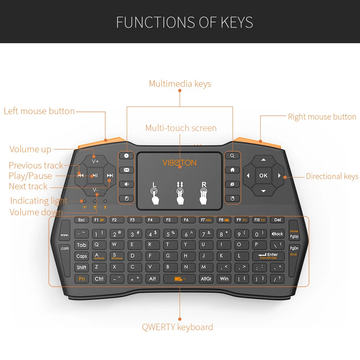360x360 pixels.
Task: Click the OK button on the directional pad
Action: tap(263, 175)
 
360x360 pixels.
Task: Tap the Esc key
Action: tap(81, 220)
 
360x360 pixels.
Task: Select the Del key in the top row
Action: tap(277, 220)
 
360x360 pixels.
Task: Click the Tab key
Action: tap(82, 245)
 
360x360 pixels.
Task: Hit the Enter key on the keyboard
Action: tap(268, 256)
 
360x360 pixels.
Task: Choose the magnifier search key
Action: tap(233, 156)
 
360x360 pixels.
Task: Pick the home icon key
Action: tap(233, 170)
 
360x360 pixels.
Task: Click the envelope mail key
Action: tap(126, 170)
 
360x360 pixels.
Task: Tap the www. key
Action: tap(65, 235)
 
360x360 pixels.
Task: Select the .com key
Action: tap(65, 248)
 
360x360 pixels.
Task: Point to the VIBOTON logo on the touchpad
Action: tap(179, 163)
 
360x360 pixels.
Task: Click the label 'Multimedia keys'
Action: tap(180, 84)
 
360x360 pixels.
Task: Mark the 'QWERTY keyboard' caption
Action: tap(177, 327)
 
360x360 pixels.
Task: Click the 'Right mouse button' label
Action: tap(322, 117)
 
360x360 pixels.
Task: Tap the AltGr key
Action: tap(206, 279)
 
